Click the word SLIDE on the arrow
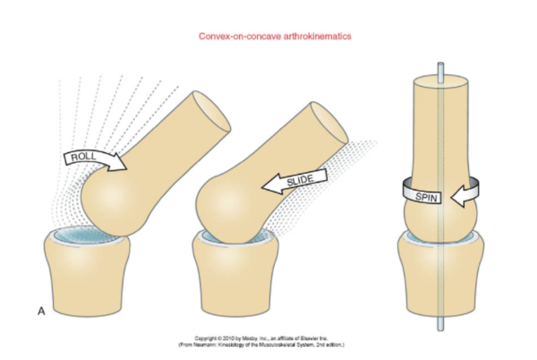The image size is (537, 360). click(302, 183)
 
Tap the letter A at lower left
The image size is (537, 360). click(41, 311)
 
